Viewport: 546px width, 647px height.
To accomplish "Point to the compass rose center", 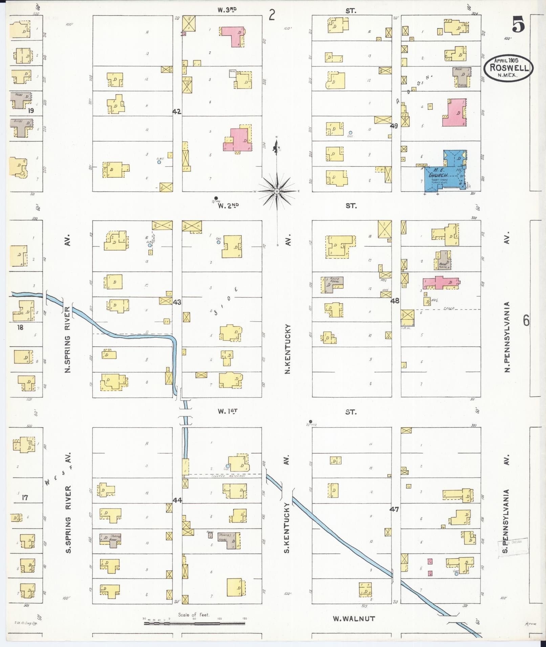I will (x=277, y=191).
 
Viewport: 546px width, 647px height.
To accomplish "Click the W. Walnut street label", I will (x=354, y=618).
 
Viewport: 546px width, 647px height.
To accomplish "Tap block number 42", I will (x=177, y=112).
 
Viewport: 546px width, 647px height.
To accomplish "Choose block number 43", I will (x=177, y=302).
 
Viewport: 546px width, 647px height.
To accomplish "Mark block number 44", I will (x=177, y=500).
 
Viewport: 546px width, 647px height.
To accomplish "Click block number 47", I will (x=394, y=509).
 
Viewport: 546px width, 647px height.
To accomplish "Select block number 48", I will (x=395, y=300).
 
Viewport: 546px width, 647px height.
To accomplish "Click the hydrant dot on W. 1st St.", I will (x=310, y=421).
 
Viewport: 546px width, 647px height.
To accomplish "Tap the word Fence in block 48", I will (x=448, y=308).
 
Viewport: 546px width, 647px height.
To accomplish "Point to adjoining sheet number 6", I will (x=526, y=320).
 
